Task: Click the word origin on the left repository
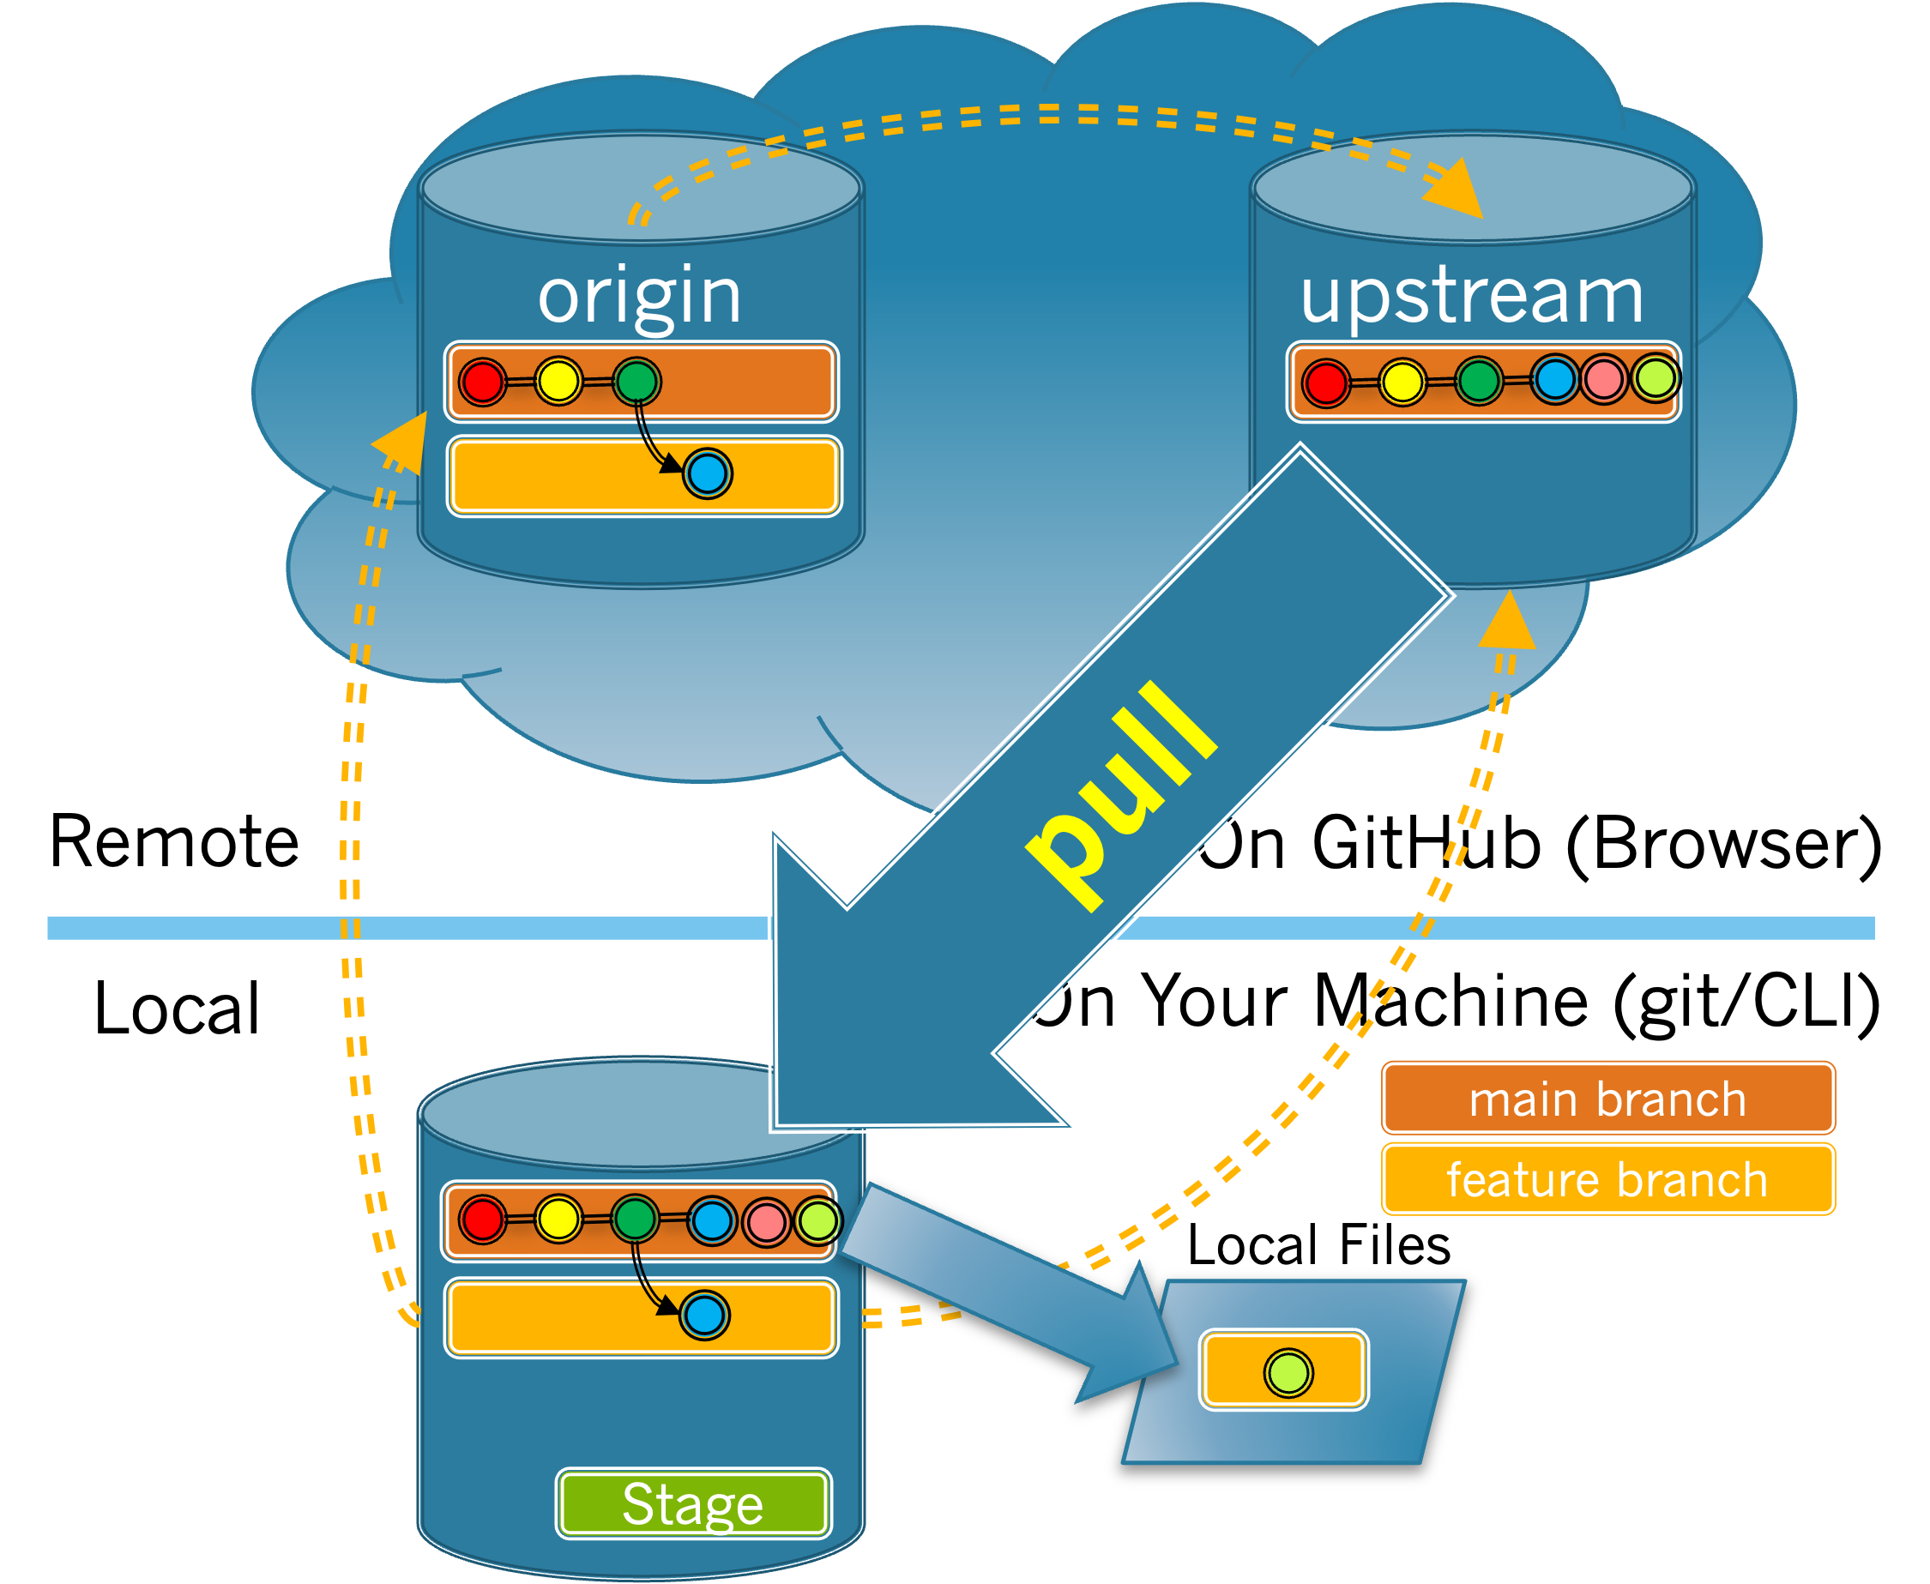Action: point(639,296)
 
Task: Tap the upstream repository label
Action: point(1471,296)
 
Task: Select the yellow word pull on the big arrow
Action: point(1120,795)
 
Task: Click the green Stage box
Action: point(694,1503)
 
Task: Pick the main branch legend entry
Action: point(1607,1099)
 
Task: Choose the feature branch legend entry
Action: point(1607,1179)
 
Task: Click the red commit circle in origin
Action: point(482,382)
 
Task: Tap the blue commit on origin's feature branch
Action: point(707,473)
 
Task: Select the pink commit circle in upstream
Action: point(1603,379)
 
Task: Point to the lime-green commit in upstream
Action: point(1656,376)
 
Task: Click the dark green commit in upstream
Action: point(1478,381)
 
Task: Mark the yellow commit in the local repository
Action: point(558,1218)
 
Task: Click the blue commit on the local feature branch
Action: point(704,1316)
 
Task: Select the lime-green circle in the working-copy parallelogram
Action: point(1288,1373)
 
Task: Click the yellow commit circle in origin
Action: point(558,382)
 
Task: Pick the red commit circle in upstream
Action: point(1325,382)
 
